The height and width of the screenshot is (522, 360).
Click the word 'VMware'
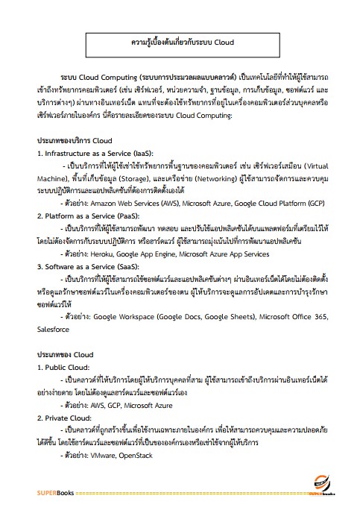click(106, 454)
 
